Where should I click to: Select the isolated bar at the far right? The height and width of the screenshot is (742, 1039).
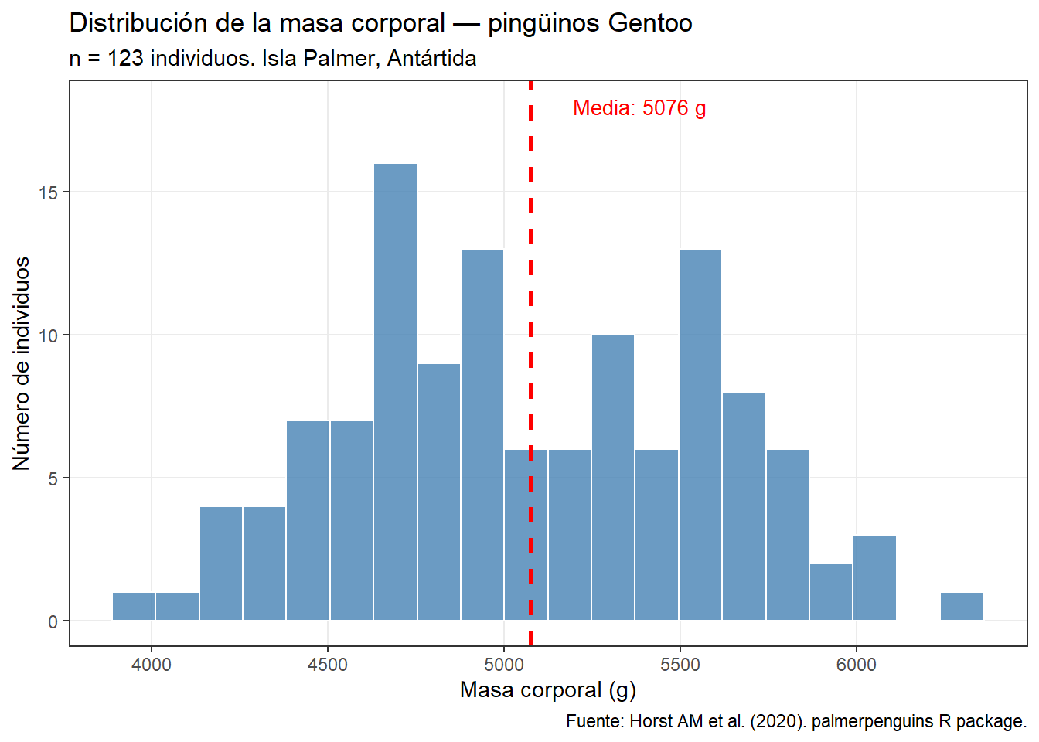tap(962, 607)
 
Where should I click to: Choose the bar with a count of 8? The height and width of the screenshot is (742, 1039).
tap(744, 506)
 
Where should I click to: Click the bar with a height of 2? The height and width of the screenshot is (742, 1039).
tap(831, 592)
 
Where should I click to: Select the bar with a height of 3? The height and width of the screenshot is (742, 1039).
tap(874, 578)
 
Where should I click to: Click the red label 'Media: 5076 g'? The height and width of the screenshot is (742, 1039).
tap(639, 108)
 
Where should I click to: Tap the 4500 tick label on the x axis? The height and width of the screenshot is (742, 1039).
tap(328, 665)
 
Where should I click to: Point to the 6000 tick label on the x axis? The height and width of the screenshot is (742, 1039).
tap(857, 665)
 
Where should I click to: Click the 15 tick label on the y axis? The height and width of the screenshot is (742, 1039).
tap(49, 192)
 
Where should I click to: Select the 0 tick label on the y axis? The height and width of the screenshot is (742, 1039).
tap(53, 621)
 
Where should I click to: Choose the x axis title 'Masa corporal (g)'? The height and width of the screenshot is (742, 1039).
tap(547, 689)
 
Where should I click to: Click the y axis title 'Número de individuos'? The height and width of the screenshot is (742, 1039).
tap(22, 363)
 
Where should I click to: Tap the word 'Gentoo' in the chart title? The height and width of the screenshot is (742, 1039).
tap(650, 23)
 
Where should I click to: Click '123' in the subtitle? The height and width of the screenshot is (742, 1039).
tap(125, 59)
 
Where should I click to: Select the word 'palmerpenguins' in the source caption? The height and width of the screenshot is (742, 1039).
tap(872, 721)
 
